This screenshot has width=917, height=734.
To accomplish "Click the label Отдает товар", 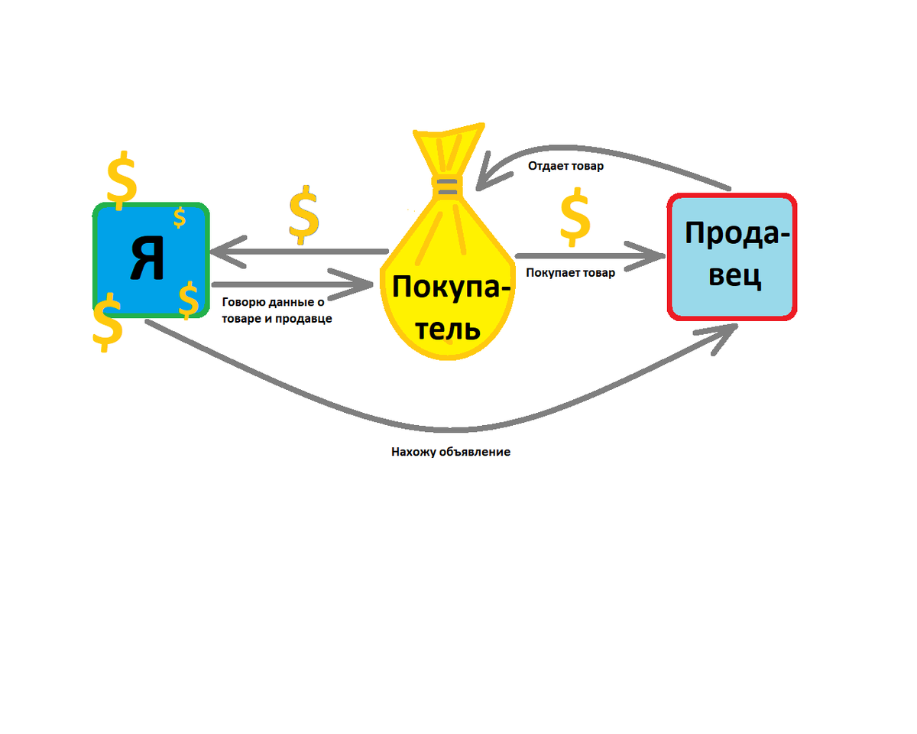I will (565, 166).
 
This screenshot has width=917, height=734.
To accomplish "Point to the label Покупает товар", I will (571, 272).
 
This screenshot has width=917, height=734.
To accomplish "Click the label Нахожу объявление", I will (450, 452).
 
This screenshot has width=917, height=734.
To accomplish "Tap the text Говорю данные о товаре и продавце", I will (276, 310).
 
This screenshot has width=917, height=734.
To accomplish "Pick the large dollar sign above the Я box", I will (122, 180).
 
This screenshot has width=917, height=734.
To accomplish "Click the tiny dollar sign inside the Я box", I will (180, 218).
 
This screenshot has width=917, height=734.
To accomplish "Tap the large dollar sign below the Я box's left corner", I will (107, 323).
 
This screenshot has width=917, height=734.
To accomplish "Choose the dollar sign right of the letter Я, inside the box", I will (189, 299).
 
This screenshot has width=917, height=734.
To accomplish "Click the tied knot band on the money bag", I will (446, 185).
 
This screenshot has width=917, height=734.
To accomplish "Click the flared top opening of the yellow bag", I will (448, 141).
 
